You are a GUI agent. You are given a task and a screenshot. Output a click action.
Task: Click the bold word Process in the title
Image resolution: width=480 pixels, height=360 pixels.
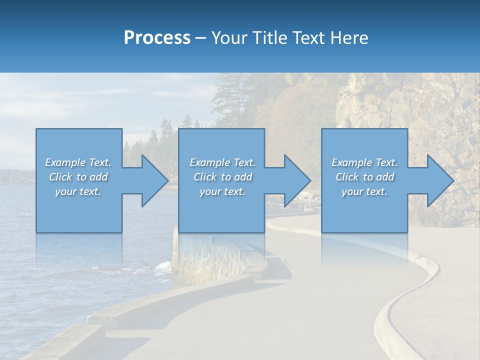tap(157, 38)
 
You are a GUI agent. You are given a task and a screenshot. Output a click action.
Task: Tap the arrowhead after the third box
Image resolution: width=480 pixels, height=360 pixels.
tap(439, 180)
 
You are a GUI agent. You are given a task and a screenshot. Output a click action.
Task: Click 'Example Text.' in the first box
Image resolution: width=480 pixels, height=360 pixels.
tap(78, 162)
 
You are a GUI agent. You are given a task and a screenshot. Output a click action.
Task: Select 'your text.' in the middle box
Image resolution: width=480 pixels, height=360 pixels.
tap(222, 191)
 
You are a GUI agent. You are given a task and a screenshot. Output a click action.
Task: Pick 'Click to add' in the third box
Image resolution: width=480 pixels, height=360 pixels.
tap(364, 177)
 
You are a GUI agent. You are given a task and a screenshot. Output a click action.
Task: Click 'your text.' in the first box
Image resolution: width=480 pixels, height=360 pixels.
tap(78, 191)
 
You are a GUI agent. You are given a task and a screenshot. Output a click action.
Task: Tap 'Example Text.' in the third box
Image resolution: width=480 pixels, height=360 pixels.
tap(364, 162)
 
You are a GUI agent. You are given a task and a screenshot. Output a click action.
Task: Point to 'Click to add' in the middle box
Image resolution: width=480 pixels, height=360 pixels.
tap(222, 177)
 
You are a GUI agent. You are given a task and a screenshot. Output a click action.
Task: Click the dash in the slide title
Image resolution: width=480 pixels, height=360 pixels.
tap(201, 38)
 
